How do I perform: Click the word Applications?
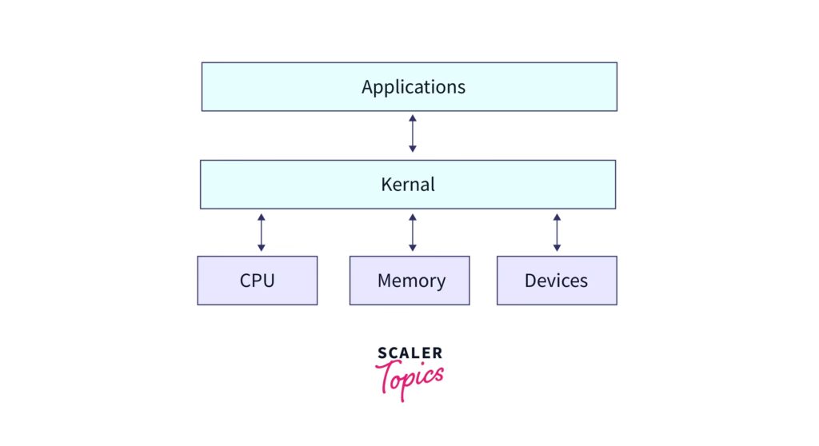click(413, 86)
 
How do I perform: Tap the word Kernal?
click(408, 184)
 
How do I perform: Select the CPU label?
click(257, 281)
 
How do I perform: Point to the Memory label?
click(411, 281)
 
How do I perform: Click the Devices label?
click(556, 281)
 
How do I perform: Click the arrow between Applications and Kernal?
click(413, 133)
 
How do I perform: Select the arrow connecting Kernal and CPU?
click(261, 232)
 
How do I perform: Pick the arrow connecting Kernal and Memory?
click(413, 232)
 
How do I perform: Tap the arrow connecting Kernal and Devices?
click(557, 232)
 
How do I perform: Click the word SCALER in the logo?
click(409, 353)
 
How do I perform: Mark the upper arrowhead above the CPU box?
click(261, 217)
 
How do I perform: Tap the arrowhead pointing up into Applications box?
click(413, 118)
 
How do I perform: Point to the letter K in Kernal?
click(386, 184)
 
